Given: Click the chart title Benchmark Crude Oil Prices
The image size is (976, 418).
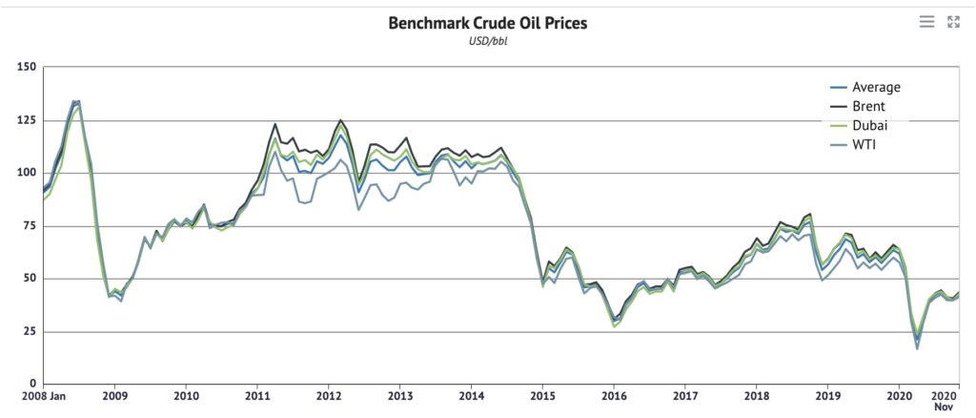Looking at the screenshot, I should [487, 23].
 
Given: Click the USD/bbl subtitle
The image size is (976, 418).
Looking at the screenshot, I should [487, 43].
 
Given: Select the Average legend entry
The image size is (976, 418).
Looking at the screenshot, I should [875, 87].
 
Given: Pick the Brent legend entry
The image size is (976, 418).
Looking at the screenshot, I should [868, 106].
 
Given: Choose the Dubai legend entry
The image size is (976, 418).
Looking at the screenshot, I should [868, 125].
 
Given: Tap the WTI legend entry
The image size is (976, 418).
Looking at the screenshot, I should [864, 144].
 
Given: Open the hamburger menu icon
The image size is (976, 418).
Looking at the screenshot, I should [926, 22].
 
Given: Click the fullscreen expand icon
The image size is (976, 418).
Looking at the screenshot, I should [953, 22].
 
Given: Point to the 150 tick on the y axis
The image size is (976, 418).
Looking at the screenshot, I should [26, 68].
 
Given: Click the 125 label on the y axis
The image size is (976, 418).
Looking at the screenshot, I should [26, 120].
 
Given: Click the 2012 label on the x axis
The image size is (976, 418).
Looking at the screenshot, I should [329, 395].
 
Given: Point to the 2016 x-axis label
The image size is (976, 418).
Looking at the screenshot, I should [614, 395].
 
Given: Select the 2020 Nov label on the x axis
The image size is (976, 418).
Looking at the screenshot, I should [944, 400].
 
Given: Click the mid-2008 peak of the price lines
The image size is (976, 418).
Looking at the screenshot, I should [76, 101].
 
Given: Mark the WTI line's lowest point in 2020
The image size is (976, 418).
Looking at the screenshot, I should [918, 348].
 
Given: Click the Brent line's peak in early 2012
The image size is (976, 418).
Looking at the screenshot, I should [340, 120].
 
